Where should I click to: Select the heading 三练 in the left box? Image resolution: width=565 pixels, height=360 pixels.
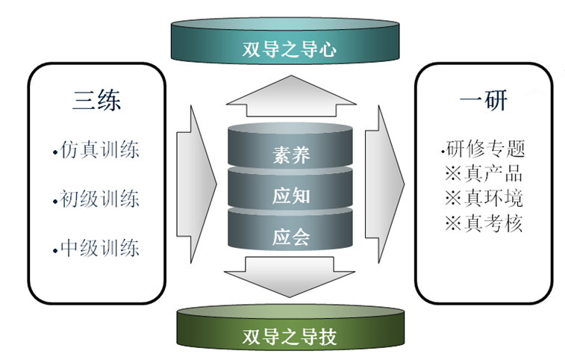click(x=97, y=101)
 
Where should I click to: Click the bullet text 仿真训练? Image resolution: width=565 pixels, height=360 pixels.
click(x=100, y=149)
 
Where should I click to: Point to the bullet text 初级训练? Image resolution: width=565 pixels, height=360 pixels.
click(x=100, y=199)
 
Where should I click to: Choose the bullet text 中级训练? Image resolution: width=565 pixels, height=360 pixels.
click(x=100, y=247)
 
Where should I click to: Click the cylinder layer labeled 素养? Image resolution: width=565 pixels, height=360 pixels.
click(x=290, y=155)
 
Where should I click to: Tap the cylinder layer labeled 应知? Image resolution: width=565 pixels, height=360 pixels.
click(x=290, y=196)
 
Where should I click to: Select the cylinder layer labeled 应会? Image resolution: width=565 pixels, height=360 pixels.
click(x=290, y=238)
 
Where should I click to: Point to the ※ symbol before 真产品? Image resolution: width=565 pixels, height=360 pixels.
click(x=453, y=175)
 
